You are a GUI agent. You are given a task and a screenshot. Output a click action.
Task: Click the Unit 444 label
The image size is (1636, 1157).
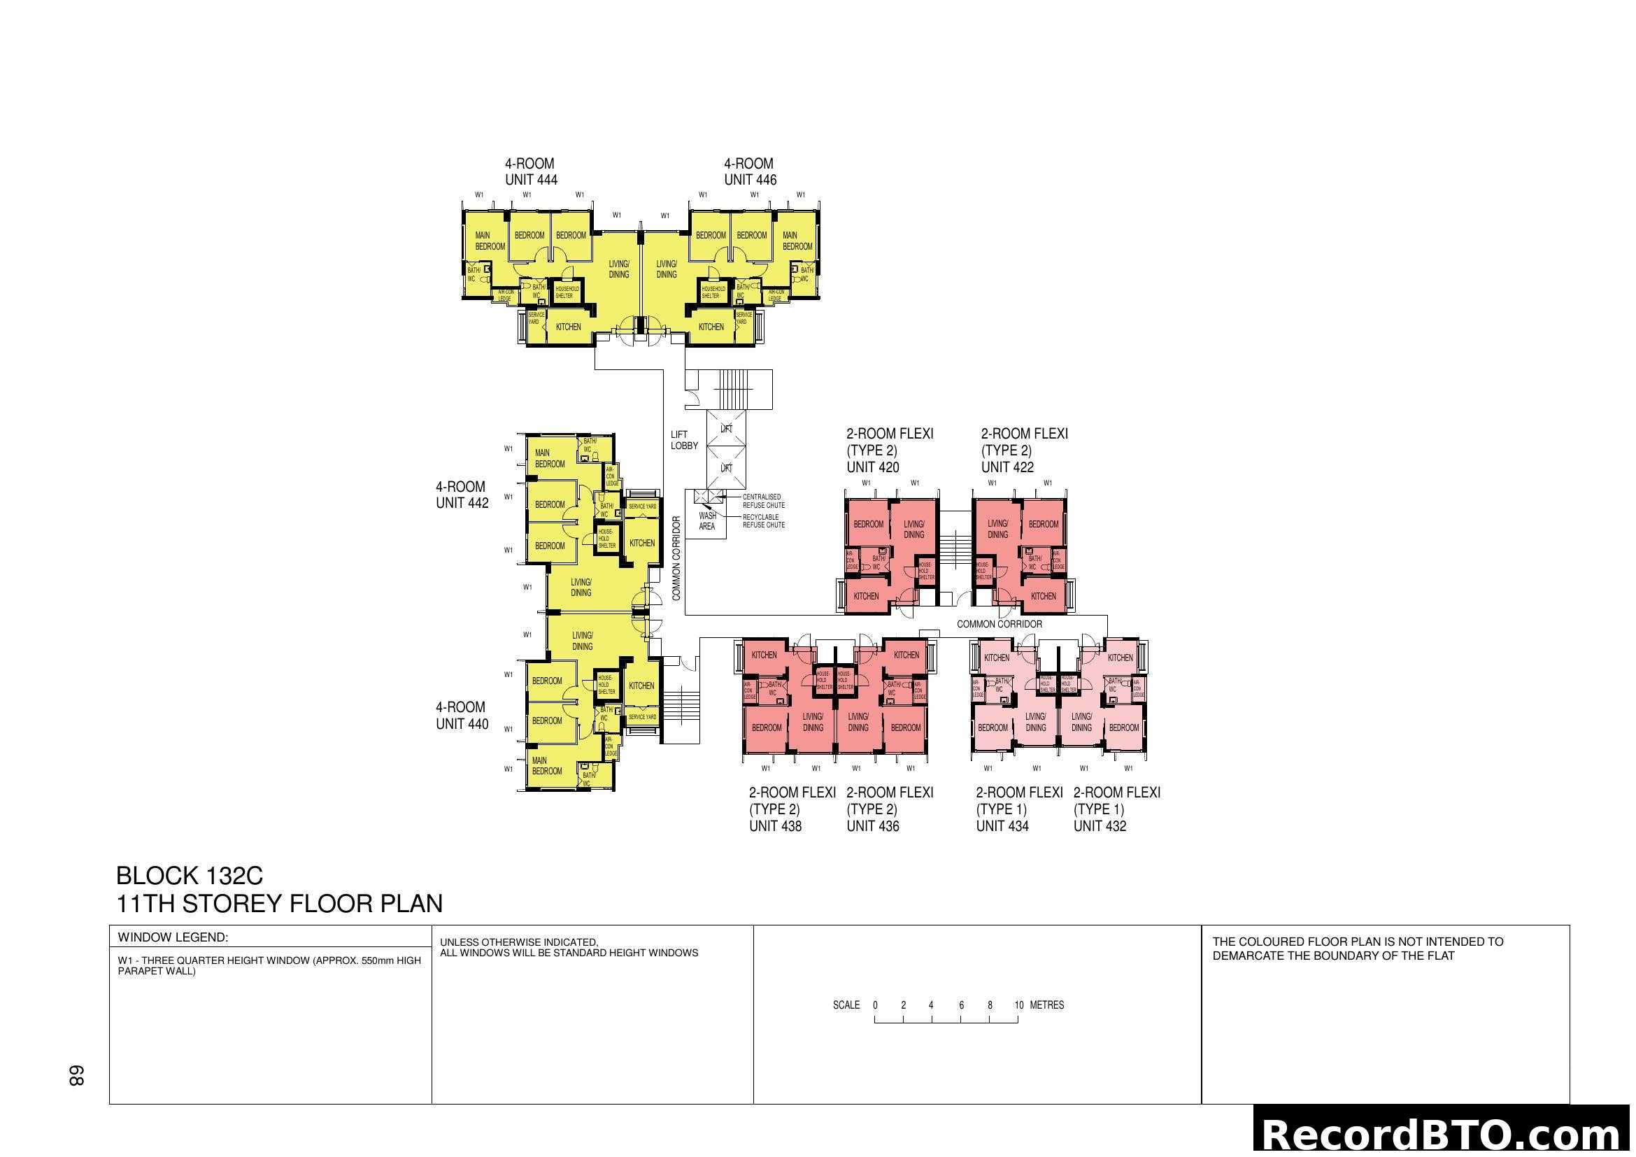531,171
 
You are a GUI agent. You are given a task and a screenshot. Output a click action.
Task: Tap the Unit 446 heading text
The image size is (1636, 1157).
750,171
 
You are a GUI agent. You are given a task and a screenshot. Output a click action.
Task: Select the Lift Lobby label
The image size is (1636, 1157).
683,440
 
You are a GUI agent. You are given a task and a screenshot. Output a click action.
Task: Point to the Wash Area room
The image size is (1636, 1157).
707,521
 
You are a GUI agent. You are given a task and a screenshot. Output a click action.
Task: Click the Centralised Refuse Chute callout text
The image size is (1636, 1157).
763,501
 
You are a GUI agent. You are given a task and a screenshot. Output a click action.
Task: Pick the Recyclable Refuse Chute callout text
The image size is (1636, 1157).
763,521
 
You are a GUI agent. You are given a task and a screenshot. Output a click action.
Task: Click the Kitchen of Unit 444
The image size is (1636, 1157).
568,327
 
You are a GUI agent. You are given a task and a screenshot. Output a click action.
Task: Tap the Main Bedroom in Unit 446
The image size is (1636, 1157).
797,241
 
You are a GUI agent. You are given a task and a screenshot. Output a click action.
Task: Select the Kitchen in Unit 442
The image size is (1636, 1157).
641,543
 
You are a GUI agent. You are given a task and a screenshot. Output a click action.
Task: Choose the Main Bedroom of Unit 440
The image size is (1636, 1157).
546,766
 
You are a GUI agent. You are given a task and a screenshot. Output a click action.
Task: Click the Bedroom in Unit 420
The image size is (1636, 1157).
868,525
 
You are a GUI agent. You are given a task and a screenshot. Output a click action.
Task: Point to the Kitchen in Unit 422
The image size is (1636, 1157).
1043,596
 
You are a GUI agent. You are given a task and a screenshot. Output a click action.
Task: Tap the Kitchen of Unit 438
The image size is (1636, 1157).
764,655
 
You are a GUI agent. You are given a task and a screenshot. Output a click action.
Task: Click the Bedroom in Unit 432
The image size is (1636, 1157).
1124,727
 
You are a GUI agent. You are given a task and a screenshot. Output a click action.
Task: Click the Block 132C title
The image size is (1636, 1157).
190,875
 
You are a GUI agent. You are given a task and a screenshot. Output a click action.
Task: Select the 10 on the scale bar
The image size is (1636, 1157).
1019,1005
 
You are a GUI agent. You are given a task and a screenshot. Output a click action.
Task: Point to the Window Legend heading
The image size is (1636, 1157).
173,937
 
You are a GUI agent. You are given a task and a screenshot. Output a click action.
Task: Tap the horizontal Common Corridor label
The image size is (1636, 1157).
999,624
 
